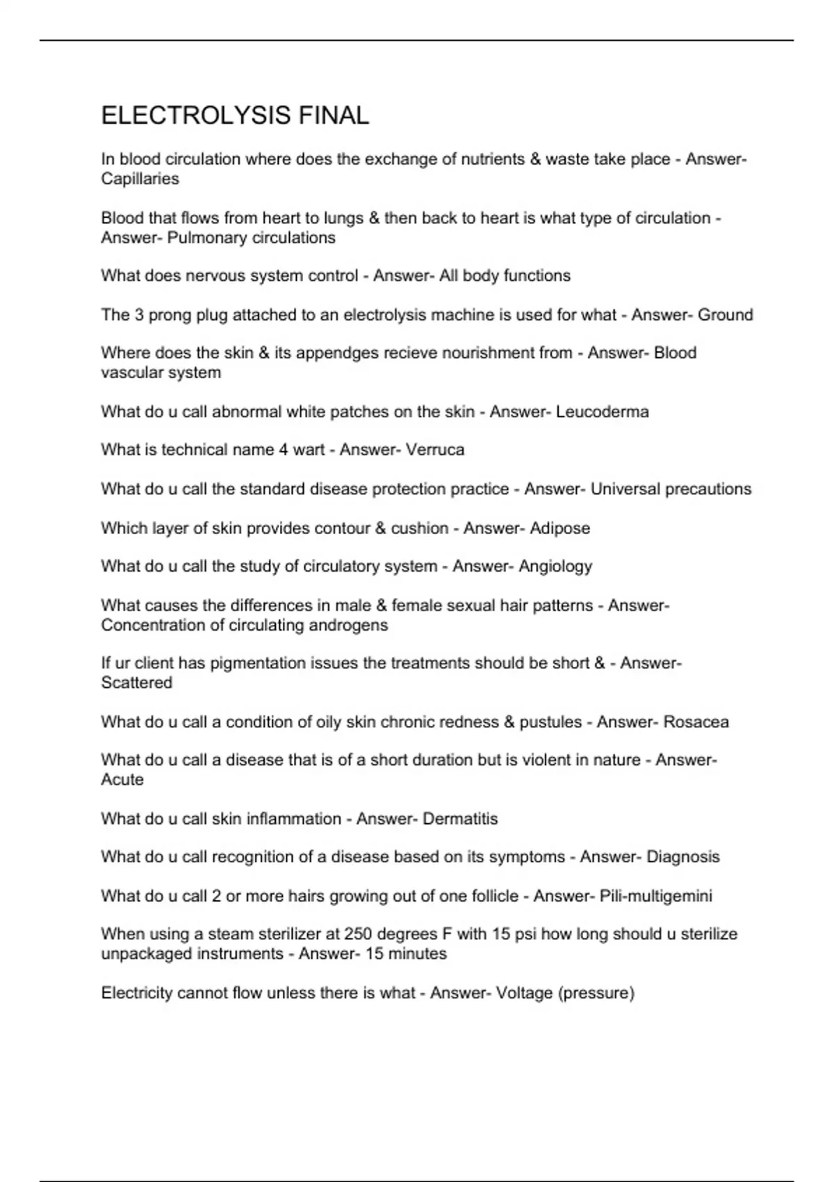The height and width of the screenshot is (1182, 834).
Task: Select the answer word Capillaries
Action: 140,179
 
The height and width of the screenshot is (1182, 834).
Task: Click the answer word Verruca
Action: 434,450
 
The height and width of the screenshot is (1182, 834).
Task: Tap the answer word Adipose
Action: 559,528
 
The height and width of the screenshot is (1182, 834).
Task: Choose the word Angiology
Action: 555,567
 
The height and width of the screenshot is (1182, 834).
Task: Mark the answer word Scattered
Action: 136,683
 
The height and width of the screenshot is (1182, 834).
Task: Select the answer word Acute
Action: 122,779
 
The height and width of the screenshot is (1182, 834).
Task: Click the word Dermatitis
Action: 460,819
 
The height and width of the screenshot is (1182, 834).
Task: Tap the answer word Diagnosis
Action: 682,857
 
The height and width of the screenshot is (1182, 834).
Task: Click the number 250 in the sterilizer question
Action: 359,934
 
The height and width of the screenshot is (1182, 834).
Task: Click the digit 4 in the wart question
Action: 284,450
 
